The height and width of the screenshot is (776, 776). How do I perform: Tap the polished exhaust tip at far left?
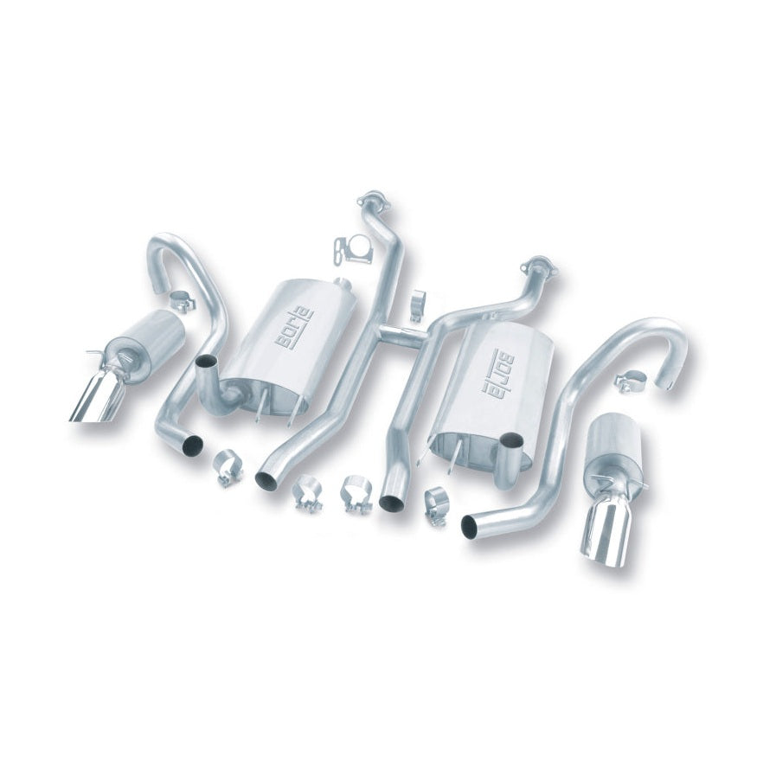pyautogui.click(x=95, y=403)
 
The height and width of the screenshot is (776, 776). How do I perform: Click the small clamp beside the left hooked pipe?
pyautogui.click(x=181, y=301)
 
